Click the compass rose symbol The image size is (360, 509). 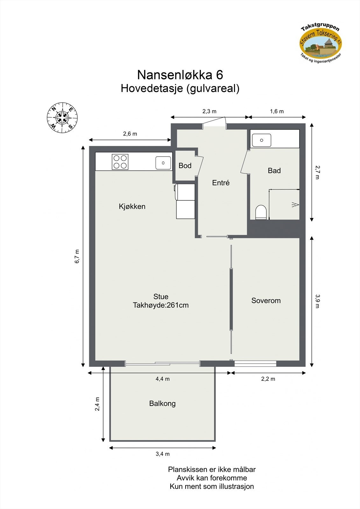(62, 118)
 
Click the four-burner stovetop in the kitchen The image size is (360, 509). (120, 162)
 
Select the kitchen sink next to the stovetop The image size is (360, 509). (163, 163)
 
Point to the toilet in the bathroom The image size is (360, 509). (261, 212)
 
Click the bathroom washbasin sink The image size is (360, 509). (261, 140)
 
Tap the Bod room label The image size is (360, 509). (185, 165)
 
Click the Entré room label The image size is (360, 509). (221, 183)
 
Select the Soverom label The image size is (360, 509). (266, 301)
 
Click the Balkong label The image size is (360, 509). (162, 404)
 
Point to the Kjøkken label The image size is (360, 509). (132, 206)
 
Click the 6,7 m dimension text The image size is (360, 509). (77, 256)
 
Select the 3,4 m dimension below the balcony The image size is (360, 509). (163, 454)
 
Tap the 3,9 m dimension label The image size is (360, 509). (317, 301)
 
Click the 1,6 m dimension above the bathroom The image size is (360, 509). (277, 111)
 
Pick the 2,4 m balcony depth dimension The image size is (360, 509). (97, 404)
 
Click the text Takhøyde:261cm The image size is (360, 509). (161, 305)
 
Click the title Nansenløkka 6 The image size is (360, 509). (180, 75)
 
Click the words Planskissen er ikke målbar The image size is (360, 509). (212, 470)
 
